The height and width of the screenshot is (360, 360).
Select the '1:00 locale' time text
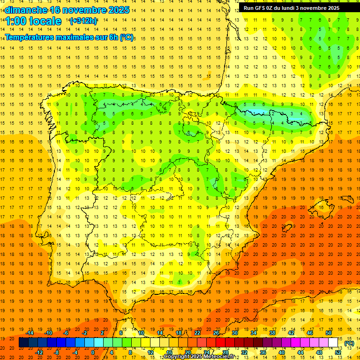[x=33, y=21]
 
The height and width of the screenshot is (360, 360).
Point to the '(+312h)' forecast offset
[x=83, y=21]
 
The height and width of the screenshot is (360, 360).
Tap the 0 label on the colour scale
[x=93, y=352]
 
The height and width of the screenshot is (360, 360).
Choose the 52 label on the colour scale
[x=338, y=352]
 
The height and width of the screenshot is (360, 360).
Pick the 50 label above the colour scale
[x=329, y=333]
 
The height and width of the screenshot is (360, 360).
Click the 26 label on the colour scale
[x=216, y=333]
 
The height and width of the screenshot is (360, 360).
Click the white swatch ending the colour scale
[x=333, y=343]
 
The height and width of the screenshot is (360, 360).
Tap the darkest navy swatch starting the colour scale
[x=23, y=343]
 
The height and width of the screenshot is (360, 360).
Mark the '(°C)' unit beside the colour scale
[x=349, y=343]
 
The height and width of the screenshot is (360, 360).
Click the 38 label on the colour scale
[x=272, y=333]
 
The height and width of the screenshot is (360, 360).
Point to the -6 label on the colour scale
[x=66, y=333]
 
